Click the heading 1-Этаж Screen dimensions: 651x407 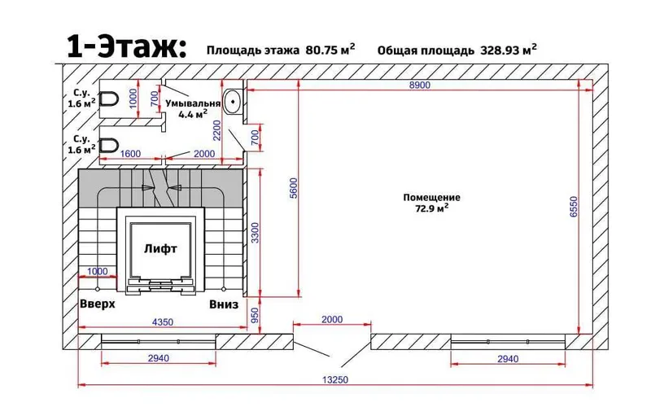(x=127, y=46)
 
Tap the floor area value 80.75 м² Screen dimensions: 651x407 (x=330, y=50)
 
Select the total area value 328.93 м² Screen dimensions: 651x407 (x=509, y=50)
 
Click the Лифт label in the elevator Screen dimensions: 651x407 (x=160, y=249)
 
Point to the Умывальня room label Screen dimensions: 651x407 (x=193, y=103)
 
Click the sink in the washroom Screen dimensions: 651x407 (x=233, y=101)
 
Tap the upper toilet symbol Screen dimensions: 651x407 (x=110, y=99)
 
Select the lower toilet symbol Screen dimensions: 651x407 (x=110, y=146)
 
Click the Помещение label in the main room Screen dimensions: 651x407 (x=432, y=197)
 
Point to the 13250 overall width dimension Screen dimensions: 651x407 (x=335, y=379)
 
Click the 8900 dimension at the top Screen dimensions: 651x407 (x=420, y=85)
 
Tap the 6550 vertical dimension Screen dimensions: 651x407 (x=574, y=207)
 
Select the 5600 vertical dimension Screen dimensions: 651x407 (x=294, y=188)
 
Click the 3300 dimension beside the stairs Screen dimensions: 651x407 (x=255, y=233)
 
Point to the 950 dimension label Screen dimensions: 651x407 (x=255, y=315)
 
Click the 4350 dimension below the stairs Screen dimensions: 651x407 (x=163, y=322)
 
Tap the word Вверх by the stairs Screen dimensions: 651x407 (x=97, y=304)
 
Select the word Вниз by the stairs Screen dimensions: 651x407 (x=224, y=304)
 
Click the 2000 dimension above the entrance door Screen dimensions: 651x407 (x=332, y=319)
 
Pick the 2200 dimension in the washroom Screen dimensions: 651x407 (x=216, y=130)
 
